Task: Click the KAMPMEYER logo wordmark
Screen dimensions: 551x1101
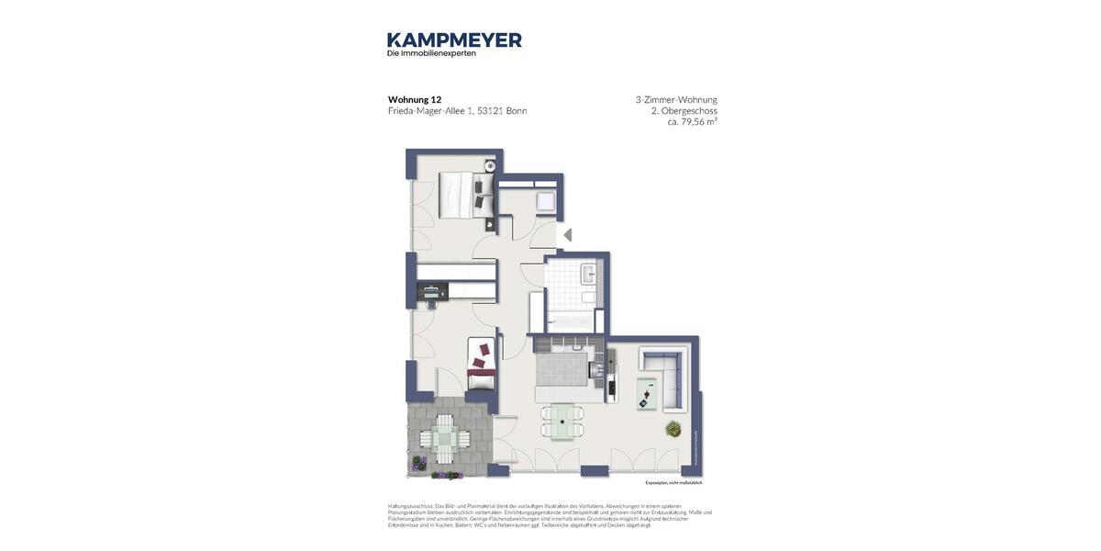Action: [454, 39]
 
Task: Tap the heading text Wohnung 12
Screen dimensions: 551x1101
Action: [415, 99]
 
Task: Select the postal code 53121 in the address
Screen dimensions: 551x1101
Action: [489, 111]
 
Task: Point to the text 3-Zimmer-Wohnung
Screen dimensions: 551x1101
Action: [676, 99]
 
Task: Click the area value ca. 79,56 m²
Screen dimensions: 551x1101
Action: [692, 121]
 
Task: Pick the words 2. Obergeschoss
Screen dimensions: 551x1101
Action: [684, 110]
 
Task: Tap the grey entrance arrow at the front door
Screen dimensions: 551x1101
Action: [568, 235]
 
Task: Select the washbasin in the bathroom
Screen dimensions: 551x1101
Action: [588, 273]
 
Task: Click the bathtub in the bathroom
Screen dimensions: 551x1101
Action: [570, 321]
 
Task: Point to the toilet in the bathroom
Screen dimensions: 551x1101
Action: [588, 298]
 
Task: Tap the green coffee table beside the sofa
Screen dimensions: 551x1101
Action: [647, 393]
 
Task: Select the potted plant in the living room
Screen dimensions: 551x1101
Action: [674, 428]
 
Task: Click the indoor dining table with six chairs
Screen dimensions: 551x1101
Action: [562, 421]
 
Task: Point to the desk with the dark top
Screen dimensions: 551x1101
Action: [432, 291]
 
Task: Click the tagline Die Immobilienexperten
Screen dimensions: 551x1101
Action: [431, 53]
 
